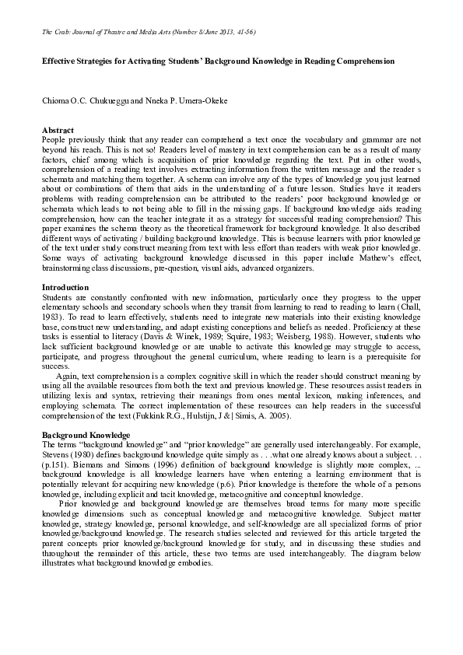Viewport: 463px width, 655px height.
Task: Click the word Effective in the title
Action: [59, 60]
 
